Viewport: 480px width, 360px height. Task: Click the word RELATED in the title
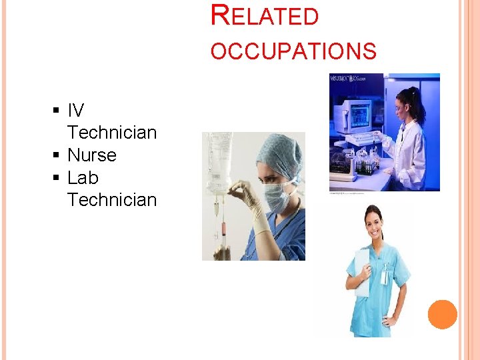[x=265, y=15]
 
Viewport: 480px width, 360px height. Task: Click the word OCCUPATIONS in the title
[x=293, y=51]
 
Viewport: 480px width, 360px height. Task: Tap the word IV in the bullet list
[x=75, y=111]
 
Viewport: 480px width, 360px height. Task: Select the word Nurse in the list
[x=92, y=155]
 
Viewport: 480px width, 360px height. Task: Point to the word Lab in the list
[x=83, y=178]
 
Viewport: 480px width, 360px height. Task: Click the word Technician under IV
[x=112, y=133]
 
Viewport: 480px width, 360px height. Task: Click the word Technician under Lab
[x=112, y=200]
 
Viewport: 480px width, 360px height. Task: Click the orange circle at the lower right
[x=443, y=315]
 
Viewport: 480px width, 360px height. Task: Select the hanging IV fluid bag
[x=218, y=160]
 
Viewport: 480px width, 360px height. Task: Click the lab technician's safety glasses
[x=401, y=107]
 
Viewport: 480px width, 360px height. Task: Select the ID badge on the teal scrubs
[x=385, y=275]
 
